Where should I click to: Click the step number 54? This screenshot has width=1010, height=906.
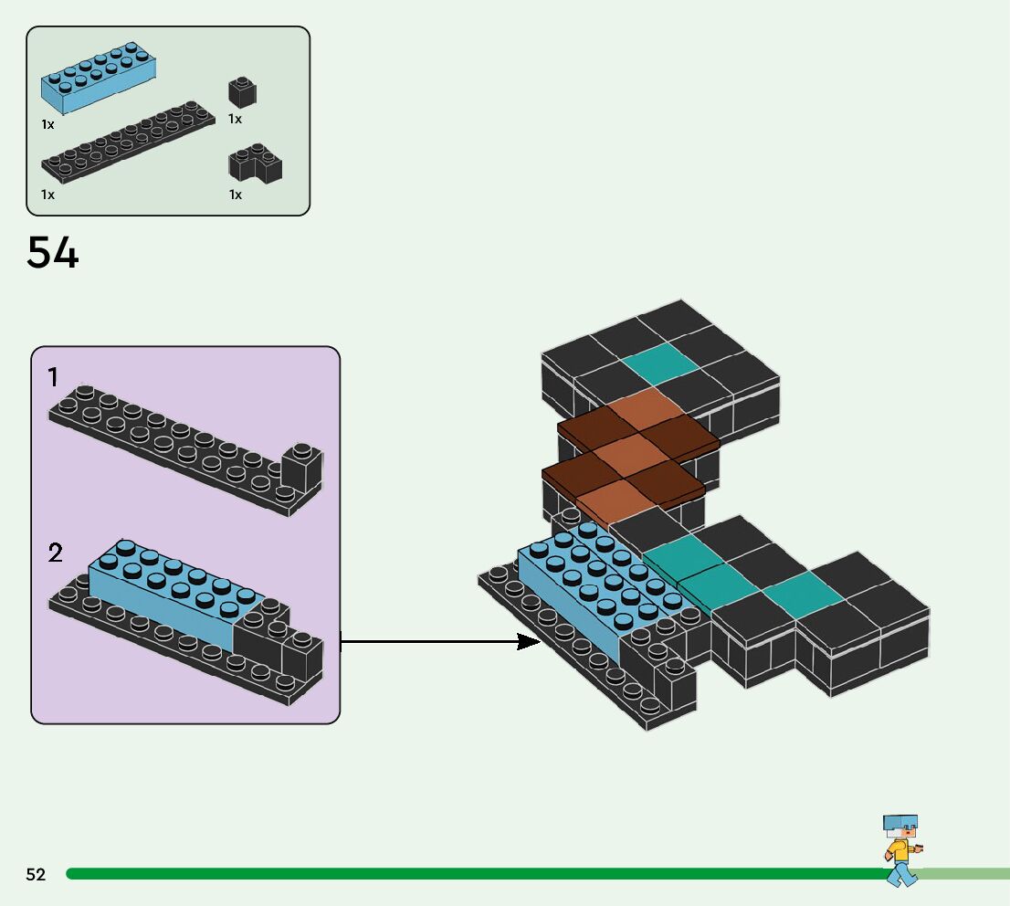click(x=53, y=253)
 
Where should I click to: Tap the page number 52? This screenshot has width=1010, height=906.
click(x=36, y=874)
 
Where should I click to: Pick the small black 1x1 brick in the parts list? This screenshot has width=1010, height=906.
click(x=242, y=92)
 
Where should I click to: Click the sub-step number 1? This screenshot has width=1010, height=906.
click(x=54, y=377)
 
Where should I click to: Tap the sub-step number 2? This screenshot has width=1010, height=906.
click(x=56, y=553)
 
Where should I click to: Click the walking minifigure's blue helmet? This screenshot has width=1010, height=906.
click(x=900, y=822)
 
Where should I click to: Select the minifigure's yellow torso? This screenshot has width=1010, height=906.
click(x=899, y=850)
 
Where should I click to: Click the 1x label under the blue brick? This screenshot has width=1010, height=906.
click(x=47, y=123)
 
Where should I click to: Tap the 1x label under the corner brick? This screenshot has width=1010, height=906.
click(x=236, y=195)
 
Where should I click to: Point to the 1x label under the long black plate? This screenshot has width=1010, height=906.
click(x=47, y=195)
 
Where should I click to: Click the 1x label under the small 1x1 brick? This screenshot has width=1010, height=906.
click(x=236, y=120)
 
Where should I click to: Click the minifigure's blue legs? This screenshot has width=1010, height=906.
click(x=901, y=875)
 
